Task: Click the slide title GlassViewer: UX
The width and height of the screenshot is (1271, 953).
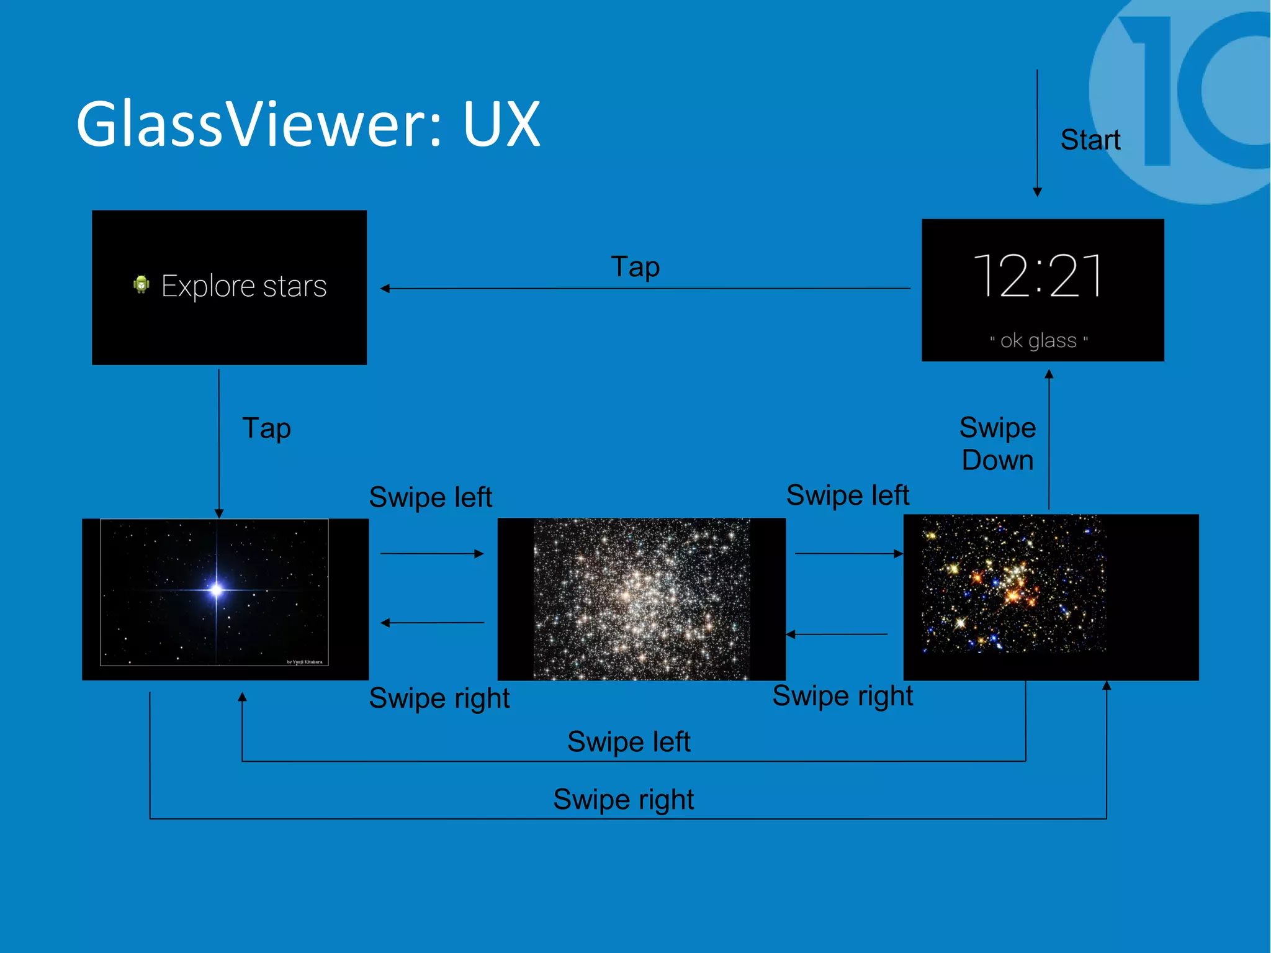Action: [308, 124]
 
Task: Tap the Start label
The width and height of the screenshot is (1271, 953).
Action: [1090, 140]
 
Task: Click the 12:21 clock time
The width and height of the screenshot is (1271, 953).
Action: [1038, 276]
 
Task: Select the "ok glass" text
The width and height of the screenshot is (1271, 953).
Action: [1039, 340]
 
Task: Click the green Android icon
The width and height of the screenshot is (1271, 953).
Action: [141, 284]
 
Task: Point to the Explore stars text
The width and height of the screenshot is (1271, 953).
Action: [244, 286]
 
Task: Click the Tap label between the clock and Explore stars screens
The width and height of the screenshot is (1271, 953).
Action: [635, 267]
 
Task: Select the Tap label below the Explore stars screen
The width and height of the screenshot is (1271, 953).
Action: [266, 428]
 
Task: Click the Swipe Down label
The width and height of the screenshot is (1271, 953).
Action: [997, 444]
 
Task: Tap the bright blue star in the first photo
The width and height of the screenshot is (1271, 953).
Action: [216, 589]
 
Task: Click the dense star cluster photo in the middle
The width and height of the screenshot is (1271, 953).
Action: [642, 598]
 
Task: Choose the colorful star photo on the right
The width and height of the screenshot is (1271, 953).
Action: [1013, 585]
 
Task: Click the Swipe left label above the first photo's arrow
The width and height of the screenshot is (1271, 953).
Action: [430, 497]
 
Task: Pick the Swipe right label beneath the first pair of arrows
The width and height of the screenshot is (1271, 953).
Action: [439, 698]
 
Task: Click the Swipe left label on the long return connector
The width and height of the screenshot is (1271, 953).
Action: [629, 742]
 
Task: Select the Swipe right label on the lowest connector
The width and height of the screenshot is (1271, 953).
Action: [623, 800]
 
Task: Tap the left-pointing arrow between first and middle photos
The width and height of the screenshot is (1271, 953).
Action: [432, 622]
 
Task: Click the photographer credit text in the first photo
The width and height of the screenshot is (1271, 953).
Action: [304, 662]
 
